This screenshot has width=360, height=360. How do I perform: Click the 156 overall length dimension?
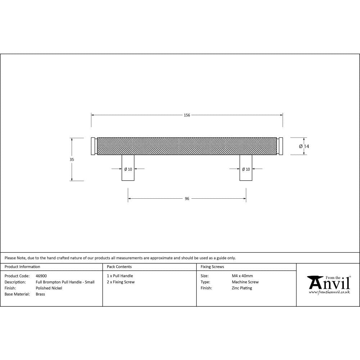pyautogui.click(x=187, y=115)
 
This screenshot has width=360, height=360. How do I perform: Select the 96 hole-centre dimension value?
pyautogui.click(x=187, y=199)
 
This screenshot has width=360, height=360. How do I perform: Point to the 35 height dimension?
pyautogui.click(x=72, y=159)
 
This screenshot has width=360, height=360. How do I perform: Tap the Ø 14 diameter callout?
pyautogui.click(x=304, y=147)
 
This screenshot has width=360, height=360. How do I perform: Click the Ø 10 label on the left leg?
pyautogui.click(x=128, y=169)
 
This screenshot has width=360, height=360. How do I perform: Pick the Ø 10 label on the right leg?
pyautogui.click(x=246, y=169)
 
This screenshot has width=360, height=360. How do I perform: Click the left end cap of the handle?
pyautogui.click(x=93, y=146)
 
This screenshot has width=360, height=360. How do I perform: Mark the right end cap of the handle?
pyautogui.click(x=280, y=146)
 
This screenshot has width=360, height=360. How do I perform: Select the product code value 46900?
pyautogui.click(x=41, y=276)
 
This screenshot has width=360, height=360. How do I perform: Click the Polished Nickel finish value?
pyautogui.click(x=49, y=288)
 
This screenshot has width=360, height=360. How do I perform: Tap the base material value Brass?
pyautogui.click(x=40, y=294)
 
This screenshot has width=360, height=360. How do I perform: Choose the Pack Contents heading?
pyautogui.click(x=119, y=267)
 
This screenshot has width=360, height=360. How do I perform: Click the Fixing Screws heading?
pyautogui.click(x=212, y=267)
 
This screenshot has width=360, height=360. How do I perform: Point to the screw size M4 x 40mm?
pyautogui.click(x=242, y=276)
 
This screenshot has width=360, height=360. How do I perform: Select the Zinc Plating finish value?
pyautogui.click(x=242, y=288)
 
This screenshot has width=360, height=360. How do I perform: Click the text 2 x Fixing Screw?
pyautogui.click(x=121, y=282)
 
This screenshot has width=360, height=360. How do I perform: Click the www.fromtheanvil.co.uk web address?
pyautogui.click(x=329, y=292)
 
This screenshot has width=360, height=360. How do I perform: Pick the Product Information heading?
pyautogui.click(x=22, y=267)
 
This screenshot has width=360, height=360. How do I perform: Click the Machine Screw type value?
pyautogui.click(x=245, y=282)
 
